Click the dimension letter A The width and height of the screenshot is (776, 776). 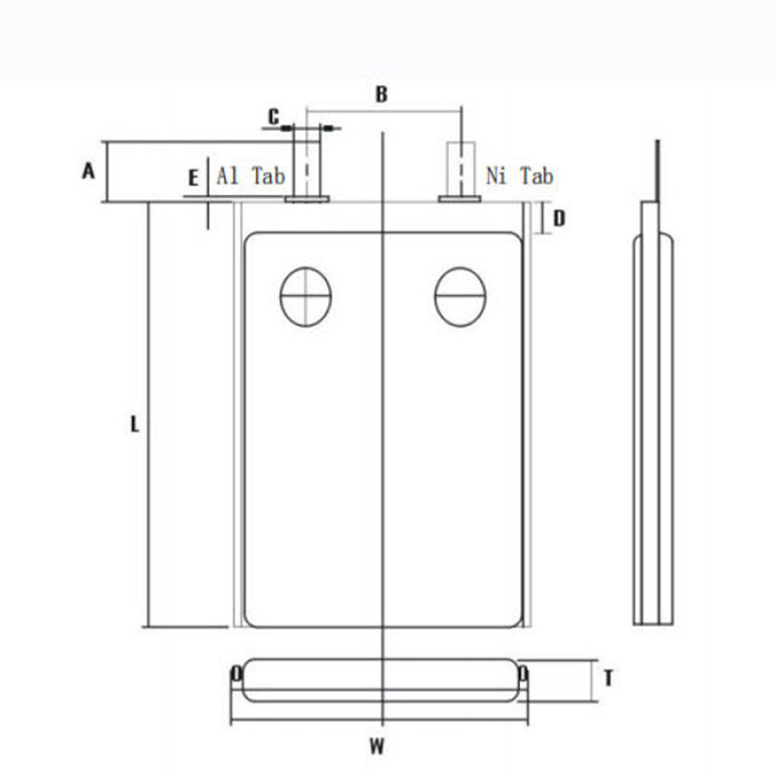tap(88, 172)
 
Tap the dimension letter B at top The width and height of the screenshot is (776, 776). tap(381, 94)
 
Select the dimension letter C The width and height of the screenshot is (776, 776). tap(274, 116)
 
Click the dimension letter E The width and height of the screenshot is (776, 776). tap(194, 178)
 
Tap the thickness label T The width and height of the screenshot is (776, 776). tap(607, 679)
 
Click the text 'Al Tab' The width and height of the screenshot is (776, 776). tap(250, 176)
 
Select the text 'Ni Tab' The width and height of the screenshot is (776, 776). tap(520, 176)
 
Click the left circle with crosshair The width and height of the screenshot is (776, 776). tap(306, 296)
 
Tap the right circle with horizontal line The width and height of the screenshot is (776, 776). tap(460, 296)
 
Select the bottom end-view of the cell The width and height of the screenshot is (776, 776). tap(379, 679)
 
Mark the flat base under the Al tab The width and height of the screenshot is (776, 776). tap(307, 199)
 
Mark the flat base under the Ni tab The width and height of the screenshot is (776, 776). tap(460, 199)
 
